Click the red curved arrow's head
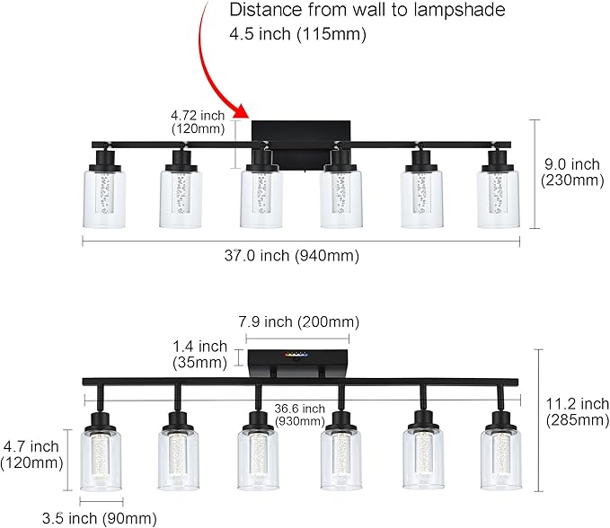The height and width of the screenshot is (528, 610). pyautogui.click(x=240, y=112)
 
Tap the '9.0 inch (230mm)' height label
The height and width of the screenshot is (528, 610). pyautogui.click(x=571, y=172)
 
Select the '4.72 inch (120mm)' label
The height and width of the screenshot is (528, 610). pyautogui.click(x=199, y=122)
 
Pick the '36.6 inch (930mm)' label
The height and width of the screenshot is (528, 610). pyautogui.click(x=299, y=414)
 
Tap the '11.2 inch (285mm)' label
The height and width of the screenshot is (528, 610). pyautogui.click(x=574, y=412)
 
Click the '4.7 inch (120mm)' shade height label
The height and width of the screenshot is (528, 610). pyautogui.click(x=32, y=454)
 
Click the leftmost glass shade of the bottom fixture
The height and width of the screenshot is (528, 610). pyautogui.click(x=102, y=462)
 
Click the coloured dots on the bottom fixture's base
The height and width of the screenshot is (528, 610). pyautogui.click(x=294, y=355)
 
